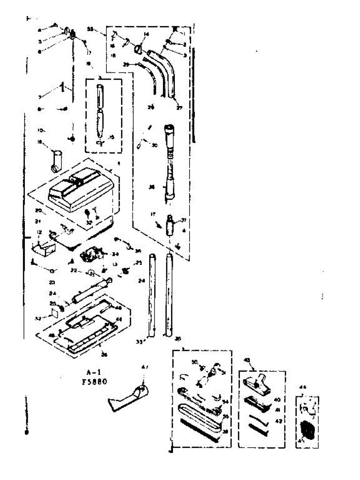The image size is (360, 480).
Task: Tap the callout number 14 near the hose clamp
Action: click(x=146, y=35)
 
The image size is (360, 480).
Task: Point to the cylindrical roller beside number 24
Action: click(x=90, y=292)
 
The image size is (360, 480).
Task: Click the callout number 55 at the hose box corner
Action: click(x=90, y=29)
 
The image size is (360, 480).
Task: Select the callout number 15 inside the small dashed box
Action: click(x=112, y=137)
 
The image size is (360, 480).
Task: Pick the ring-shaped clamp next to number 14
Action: click(x=138, y=49)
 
